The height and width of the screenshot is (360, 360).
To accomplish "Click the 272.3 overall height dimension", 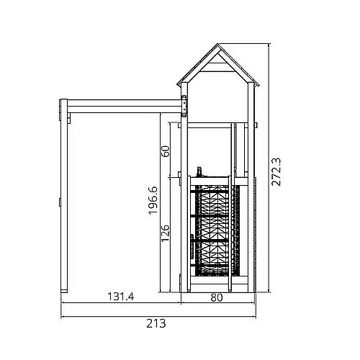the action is (x=276, y=172).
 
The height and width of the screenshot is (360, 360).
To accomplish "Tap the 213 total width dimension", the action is (x=156, y=323).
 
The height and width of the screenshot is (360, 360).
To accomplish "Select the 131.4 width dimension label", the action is (x=121, y=297).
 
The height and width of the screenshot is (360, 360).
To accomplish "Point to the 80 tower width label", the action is (x=217, y=297).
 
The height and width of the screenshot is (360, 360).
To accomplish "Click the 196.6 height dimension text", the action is (x=153, y=200).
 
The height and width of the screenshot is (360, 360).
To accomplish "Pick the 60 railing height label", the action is (x=166, y=151).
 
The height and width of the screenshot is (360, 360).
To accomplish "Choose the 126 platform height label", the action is (x=166, y=233).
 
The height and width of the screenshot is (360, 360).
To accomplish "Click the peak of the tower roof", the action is (x=218, y=44).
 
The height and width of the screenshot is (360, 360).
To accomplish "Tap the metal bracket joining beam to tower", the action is (x=184, y=106).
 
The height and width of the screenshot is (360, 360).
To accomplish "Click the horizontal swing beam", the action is (x=124, y=107).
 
